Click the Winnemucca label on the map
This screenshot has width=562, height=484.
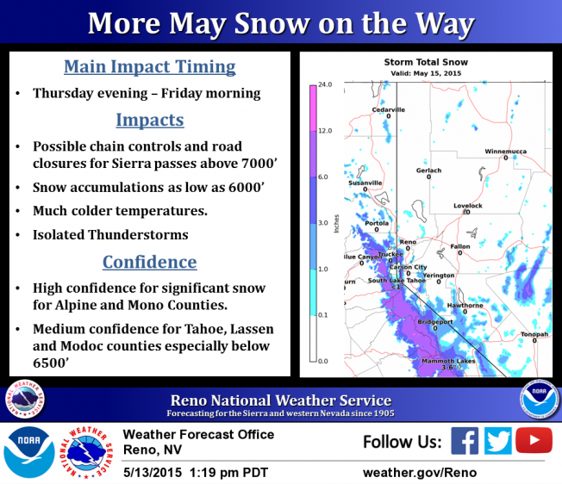[505, 152]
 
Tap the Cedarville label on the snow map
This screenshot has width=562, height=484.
[388, 109]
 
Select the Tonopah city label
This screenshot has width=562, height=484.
[534, 334]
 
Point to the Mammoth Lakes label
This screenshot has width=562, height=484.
[448, 361]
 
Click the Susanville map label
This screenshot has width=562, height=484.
[365, 183]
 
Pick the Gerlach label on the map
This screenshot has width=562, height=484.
[428, 171]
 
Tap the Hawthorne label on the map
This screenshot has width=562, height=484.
[465, 306]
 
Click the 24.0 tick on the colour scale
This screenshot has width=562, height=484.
[325, 84]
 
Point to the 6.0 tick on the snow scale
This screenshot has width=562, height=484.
[322, 177]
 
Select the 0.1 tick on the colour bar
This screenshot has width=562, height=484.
[322, 315]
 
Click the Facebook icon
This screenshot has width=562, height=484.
[465, 441]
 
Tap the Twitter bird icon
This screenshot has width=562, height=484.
[498, 441]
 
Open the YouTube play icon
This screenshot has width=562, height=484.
[534, 440]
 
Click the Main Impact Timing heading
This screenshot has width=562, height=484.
[150, 67]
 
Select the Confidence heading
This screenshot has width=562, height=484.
[150, 262]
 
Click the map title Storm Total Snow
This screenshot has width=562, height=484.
[426, 62]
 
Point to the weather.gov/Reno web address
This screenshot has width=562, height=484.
[420, 473]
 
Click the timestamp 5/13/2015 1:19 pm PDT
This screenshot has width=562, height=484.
[196, 473]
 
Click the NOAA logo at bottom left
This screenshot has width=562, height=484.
[28, 452]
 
